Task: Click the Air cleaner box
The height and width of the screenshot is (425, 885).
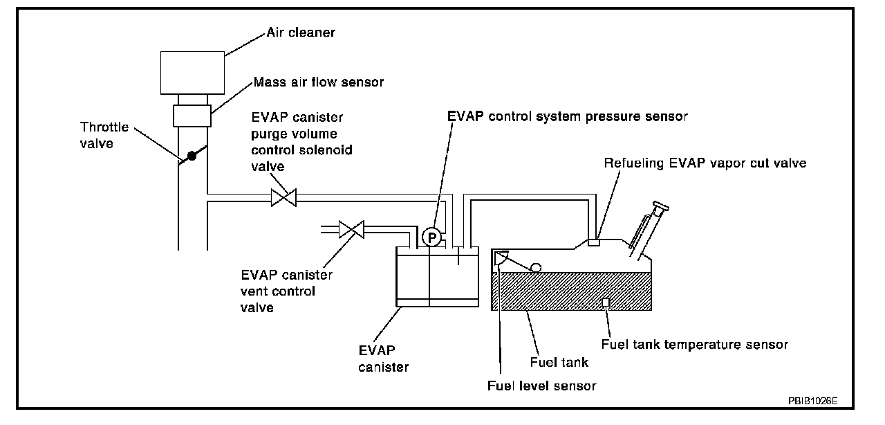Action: coord(192,72)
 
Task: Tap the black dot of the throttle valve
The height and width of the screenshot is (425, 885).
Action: coord(192,156)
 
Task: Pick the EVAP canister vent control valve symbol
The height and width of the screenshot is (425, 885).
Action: coord(352,228)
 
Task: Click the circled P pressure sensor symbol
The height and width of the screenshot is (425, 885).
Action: coord(432,237)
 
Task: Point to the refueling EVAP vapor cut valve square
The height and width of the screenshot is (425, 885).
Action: coord(593,242)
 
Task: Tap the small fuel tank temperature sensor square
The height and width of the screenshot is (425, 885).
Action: coord(606,302)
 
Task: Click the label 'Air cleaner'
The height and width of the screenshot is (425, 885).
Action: coord(301,33)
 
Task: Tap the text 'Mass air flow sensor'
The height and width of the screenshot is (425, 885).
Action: coord(318,82)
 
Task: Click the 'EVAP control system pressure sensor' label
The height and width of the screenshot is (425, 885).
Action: coord(567,117)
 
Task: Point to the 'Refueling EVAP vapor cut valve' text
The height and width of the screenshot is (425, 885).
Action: coord(705,163)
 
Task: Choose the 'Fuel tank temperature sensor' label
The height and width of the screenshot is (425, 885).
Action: coord(695,344)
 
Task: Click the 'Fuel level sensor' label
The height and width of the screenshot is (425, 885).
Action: coord(541,386)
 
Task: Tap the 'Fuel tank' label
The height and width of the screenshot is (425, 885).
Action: coord(559,362)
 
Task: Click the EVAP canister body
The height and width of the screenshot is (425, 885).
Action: coord(436,277)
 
